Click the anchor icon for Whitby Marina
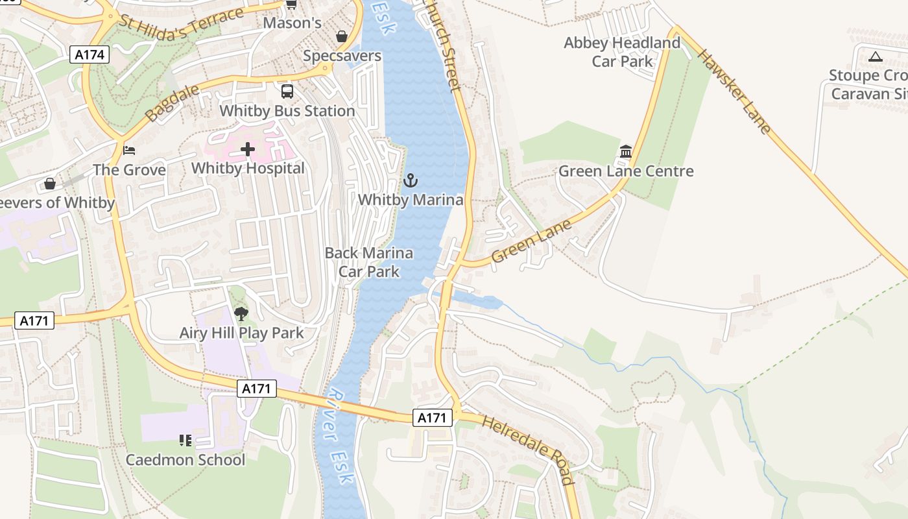(x=410, y=180)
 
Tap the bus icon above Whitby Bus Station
(x=287, y=91)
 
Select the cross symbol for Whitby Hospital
(x=248, y=150)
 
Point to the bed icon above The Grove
(x=129, y=151)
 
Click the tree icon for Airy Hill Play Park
(x=241, y=314)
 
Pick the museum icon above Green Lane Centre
(x=626, y=152)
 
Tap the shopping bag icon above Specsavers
(x=342, y=36)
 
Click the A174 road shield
(x=90, y=54)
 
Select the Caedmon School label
(x=185, y=460)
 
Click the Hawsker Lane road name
(x=735, y=91)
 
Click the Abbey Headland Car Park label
(x=622, y=52)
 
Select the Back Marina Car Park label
(x=368, y=262)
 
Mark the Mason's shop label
(x=292, y=23)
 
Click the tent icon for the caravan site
(x=876, y=56)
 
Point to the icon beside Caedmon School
(x=185, y=441)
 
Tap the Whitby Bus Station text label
(x=287, y=111)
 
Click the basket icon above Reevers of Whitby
(x=50, y=184)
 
